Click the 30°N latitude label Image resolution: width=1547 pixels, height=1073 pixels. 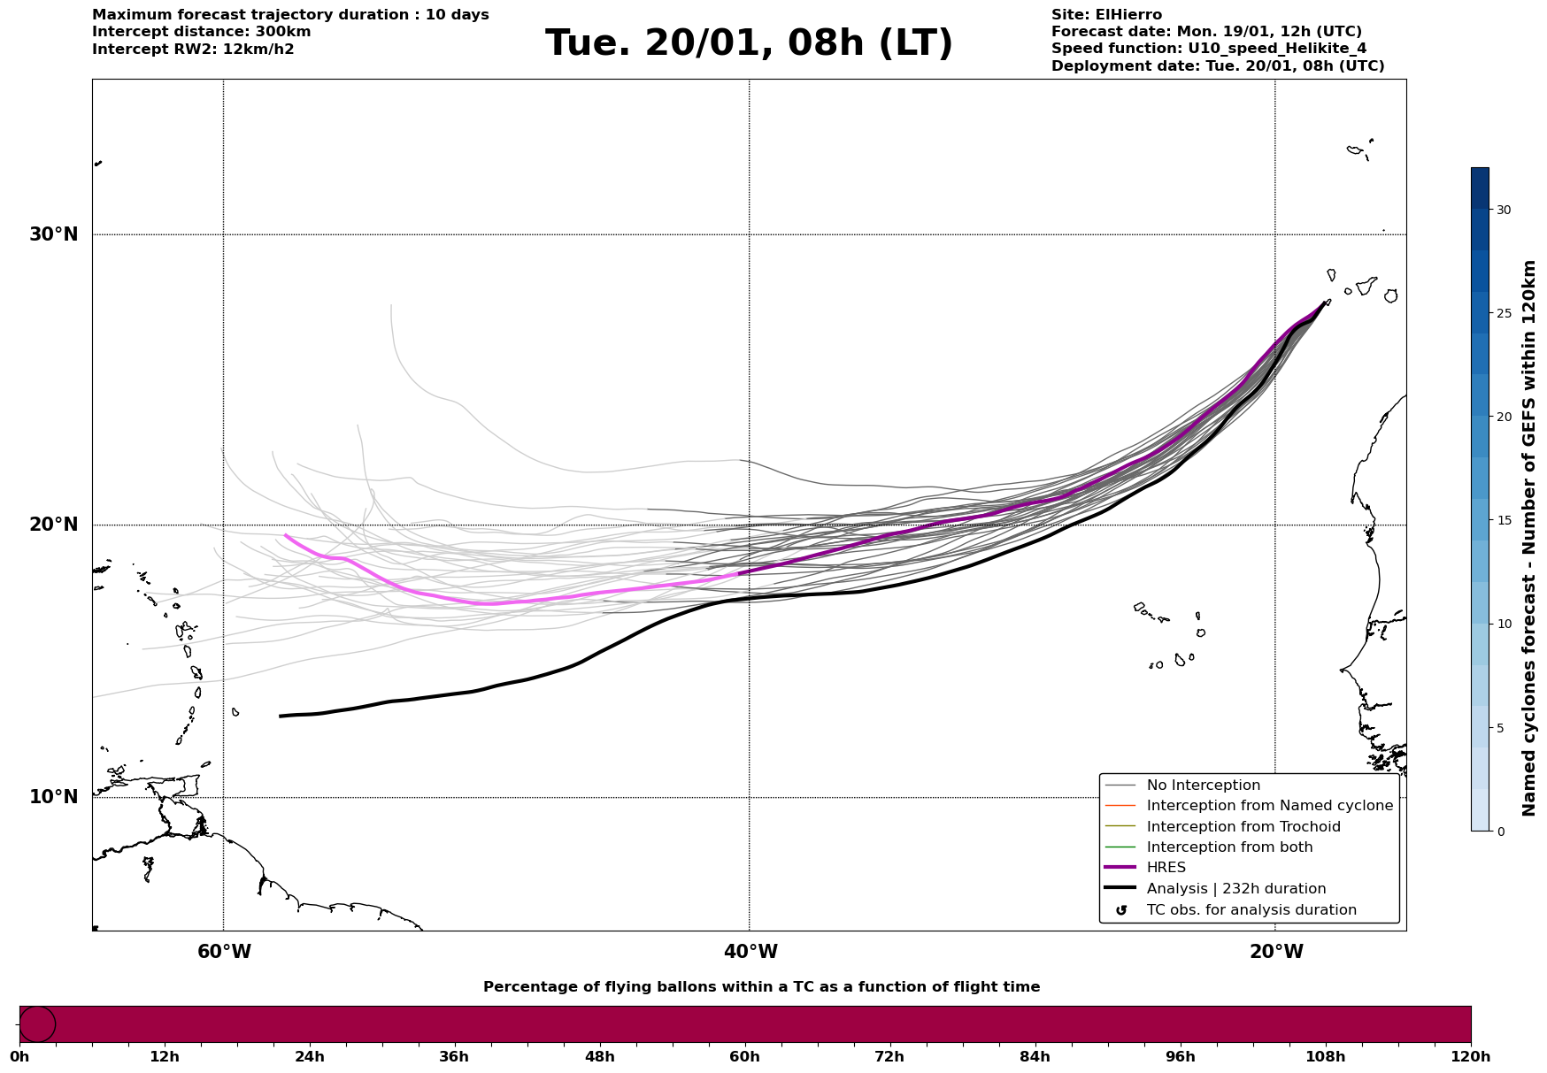[x=53, y=234]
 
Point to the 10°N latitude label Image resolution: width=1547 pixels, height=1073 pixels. [x=53, y=797]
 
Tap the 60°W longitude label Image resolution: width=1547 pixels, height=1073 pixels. [x=224, y=952]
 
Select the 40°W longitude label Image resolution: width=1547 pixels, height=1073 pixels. [x=750, y=952]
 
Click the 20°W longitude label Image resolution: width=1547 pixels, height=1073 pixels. [x=1276, y=952]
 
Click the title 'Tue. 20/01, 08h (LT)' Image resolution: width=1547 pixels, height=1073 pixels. [x=749, y=43]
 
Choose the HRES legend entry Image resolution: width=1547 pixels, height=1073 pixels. [x=1166, y=868]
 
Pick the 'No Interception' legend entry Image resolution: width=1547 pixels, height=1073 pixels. [x=1203, y=786]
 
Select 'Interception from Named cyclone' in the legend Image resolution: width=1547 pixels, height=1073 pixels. [x=1269, y=806]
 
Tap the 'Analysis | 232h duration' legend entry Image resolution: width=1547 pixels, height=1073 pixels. [x=1235, y=889]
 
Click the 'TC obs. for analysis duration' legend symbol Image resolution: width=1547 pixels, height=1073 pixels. [x=1121, y=910]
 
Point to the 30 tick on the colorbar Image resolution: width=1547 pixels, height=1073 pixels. [x=1503, y=210]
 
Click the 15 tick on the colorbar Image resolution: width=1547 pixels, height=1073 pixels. [x=1503, y=520]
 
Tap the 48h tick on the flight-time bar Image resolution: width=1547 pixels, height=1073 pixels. [x=599, y=1056]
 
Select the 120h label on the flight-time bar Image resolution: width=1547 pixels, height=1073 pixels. [x=1471, y=1056]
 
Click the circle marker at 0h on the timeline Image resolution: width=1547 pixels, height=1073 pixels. [x=37, y=1024]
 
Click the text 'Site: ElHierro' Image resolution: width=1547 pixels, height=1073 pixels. [x=1106, y=15]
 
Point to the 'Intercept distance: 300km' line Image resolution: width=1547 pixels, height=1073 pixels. [x=201, y=32]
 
